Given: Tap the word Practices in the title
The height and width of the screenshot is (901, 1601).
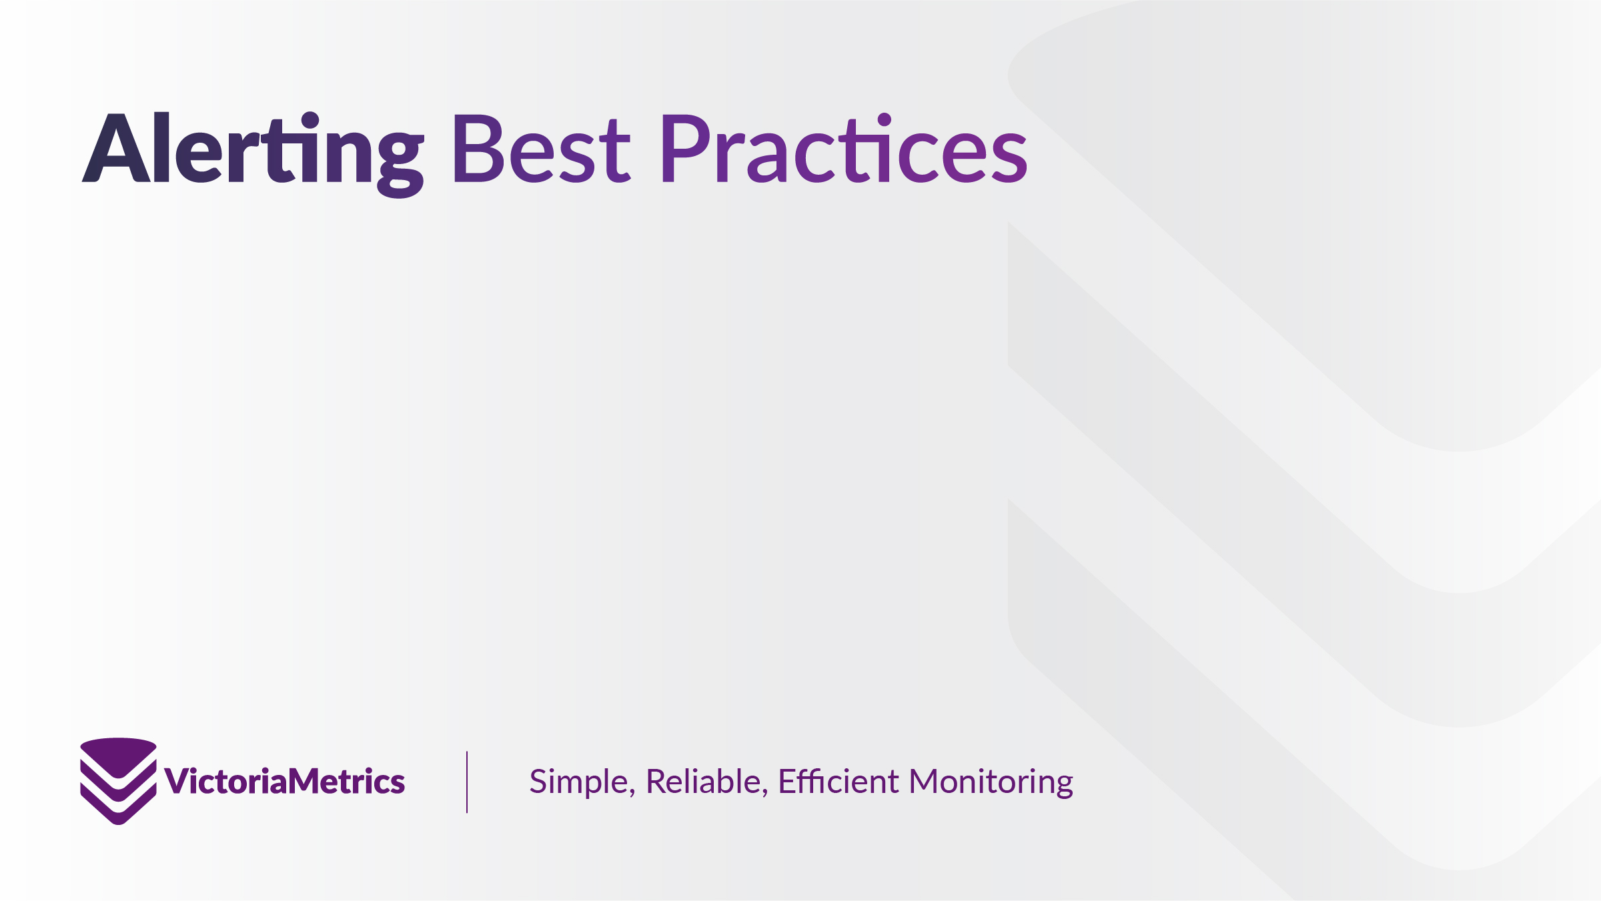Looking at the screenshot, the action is [845, 147].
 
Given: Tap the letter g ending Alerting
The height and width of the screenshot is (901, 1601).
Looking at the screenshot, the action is [400, 164].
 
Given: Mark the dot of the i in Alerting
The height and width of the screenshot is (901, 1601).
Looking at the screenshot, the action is [310, 120].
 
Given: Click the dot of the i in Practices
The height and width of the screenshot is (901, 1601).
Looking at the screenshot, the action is [885, 120].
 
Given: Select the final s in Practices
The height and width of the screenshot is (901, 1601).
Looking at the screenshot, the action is [1009, 157].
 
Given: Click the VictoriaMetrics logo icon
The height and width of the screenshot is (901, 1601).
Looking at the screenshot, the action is [119, 781].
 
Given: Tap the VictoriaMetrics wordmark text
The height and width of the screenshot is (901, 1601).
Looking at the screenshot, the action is [285, 781].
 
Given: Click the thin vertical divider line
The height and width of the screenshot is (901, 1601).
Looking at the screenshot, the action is [467, 782].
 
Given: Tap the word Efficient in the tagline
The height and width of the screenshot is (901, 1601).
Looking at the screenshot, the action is [839, 781].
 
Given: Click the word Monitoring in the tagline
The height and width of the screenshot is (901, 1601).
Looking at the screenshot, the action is [991, 782].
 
